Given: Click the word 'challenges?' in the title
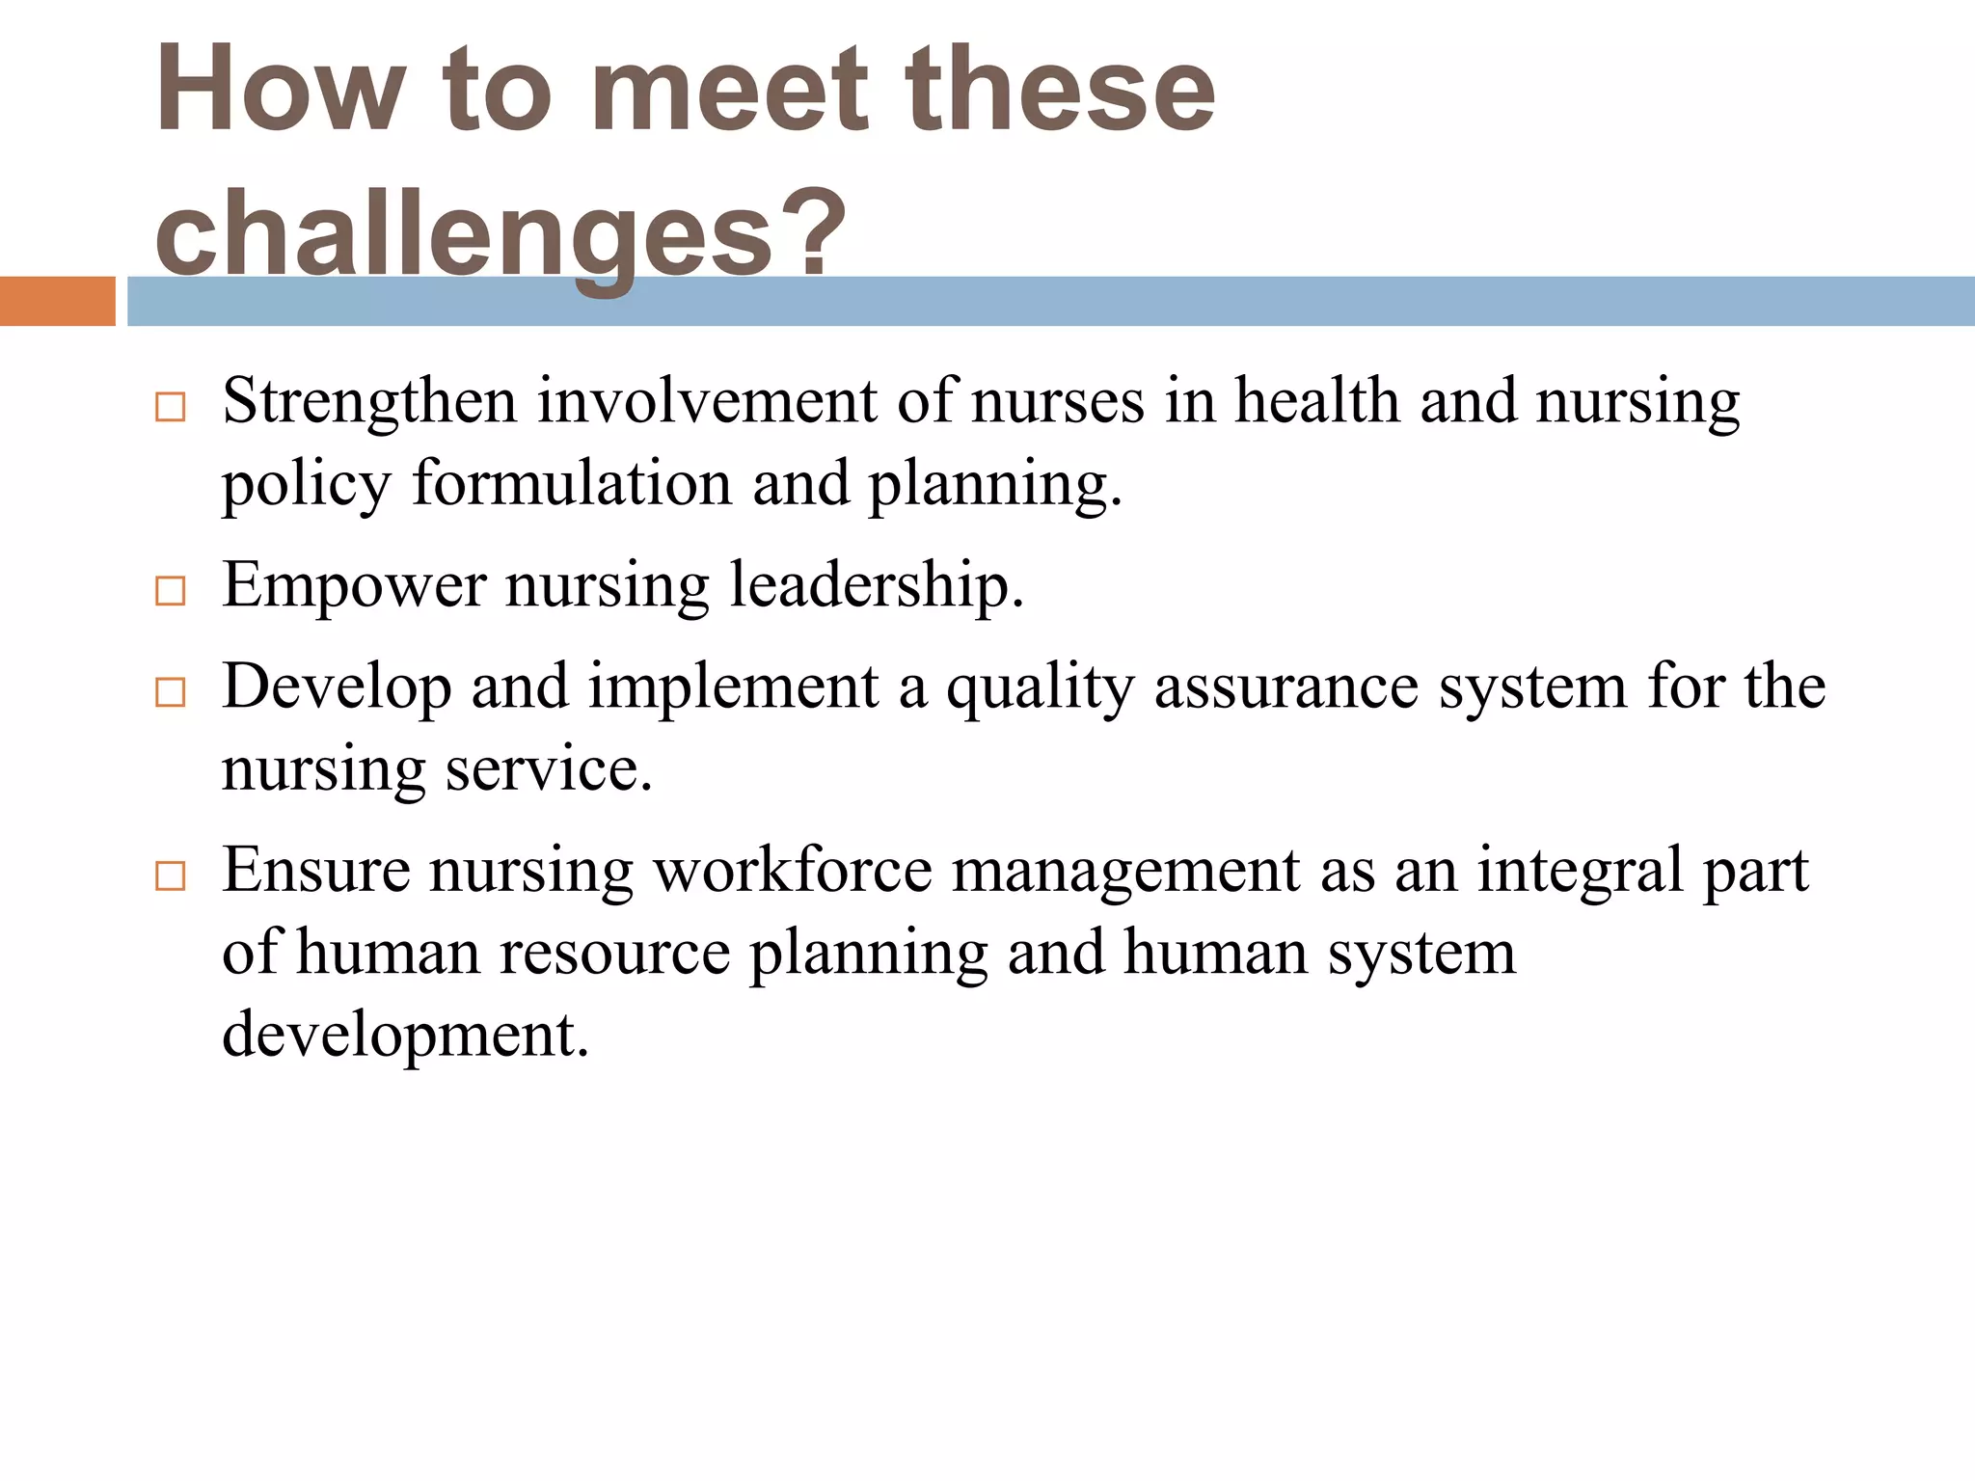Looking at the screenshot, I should [x=500, y=234].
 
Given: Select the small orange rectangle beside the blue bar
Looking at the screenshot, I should [x=57, y=301].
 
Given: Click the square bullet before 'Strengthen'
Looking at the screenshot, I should [x=170, y=407].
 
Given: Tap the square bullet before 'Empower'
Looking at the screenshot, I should [x=170, y=590].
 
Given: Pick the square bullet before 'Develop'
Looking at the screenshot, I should [x=170, y=691].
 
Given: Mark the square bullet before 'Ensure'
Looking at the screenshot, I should [x=170, y=875].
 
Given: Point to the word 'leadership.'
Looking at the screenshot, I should [x=877, y=584].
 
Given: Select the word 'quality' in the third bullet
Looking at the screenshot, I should [x=1040, y=687].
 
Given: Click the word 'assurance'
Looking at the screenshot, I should [x=1285, y=687].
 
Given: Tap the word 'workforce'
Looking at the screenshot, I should [x=793, y=870].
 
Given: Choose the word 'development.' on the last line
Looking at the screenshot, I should [x=405, y=1034].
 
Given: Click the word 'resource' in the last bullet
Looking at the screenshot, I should [x=614, y=953].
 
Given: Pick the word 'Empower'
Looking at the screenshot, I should [x=354, y=584].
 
